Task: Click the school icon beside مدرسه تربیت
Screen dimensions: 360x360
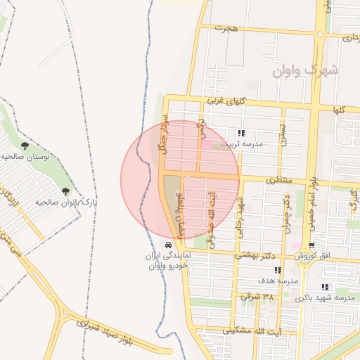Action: click(x=241, y=133)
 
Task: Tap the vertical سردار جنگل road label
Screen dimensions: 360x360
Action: click(x=162, y=136)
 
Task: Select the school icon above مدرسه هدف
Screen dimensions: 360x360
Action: click(x=278, y=270)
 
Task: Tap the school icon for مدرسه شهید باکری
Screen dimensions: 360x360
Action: click(x=324, y=287)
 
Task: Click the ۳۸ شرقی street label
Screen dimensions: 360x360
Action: click(x=257, y=296)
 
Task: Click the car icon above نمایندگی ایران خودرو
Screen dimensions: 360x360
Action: click(x=167, y=245)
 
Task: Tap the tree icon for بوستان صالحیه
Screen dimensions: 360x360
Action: click(x=25, y=146)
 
